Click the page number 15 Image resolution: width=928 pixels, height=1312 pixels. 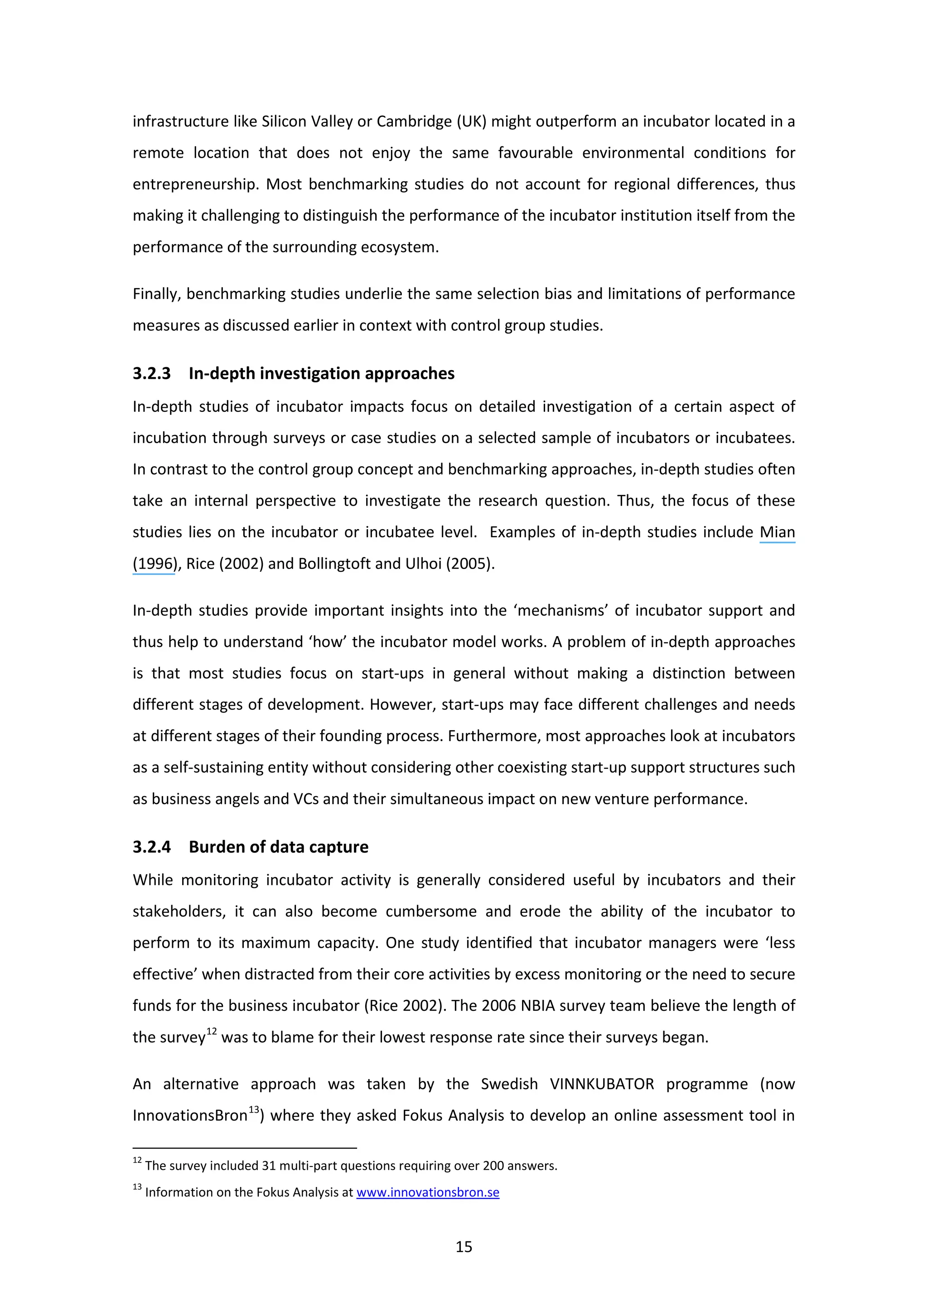tap(464, 1247)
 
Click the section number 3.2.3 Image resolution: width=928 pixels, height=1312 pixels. tap(151, 373)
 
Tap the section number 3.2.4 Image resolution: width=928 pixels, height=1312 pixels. tap(151, 846)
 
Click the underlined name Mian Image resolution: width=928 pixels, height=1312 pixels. tap(777, 532)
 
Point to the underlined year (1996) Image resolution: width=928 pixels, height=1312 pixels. tap(153, 564)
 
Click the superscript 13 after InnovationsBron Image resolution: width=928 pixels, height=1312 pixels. tap(253, 1109)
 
